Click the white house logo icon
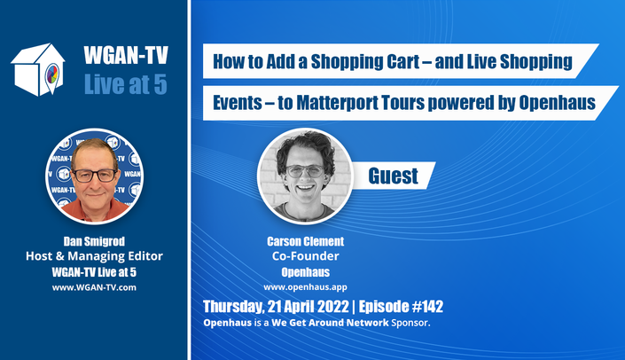tap(38, 69)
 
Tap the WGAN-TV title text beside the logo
tap(126, 55)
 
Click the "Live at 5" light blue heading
tap(126, 84)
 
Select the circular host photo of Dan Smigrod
tap(95, 176)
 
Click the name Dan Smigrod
tap(94, 241)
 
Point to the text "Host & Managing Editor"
tap(94, 256)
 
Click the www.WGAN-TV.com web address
tap(94, 287)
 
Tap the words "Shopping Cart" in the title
tap(365, 62)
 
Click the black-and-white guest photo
tap(305, 176)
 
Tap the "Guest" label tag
tap(393, 176)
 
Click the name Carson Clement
tap(305, 241)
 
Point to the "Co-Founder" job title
tap(305, 256)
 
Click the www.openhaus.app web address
tap(305, 287)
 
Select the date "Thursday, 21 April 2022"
tap(276, 307)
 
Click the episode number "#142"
tap(427, 306)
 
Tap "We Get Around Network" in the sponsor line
tap(330, 323)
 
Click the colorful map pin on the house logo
tap(51, 76)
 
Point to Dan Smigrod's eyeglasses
tap(95, 176)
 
